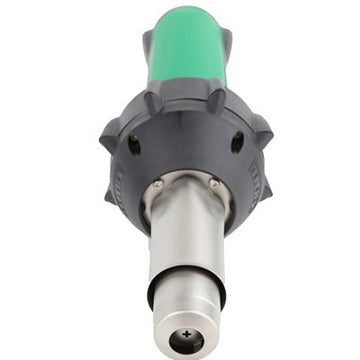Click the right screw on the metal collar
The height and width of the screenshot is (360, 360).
[x=213, y=183]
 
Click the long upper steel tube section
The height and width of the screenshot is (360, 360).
[x=185, y=240]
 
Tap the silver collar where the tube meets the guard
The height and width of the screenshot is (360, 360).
[x=185, y=195]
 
